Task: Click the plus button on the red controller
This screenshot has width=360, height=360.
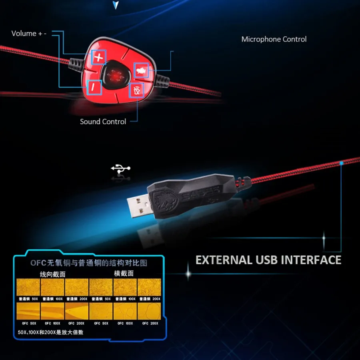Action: tap(98, 58)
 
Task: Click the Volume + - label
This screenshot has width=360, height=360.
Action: tap(29, 34)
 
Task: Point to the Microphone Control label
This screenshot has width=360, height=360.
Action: tap(274, 39)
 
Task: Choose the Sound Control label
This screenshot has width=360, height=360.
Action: tap(103, 121)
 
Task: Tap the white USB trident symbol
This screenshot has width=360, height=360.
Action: tap(120, 169)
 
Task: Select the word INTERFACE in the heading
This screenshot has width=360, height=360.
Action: tap(311, 260)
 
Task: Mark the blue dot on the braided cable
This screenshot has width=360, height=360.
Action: tap(341, 163)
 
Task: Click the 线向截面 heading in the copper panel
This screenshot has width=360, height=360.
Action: tap(52, 274)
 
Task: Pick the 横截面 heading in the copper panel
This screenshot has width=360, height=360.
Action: tap(124, 274)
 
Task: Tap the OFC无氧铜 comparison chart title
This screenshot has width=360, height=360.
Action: tap(89, 263)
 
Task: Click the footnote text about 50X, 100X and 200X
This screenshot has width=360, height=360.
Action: tap(51, 332)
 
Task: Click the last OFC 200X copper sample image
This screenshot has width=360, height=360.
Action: tap(149, 311)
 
